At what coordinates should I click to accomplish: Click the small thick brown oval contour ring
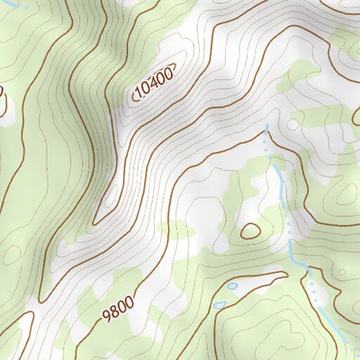[x=251, y=231]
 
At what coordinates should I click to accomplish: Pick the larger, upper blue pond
[x=233, y=286]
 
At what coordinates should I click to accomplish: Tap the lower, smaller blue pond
[x=220, y=305]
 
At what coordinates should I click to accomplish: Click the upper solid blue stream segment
[x=280, y=180]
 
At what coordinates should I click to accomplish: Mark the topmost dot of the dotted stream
[x=266, y=129]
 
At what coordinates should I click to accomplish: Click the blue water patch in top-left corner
[x=24, y=4]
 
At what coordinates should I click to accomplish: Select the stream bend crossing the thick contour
[x=299, y=262]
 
